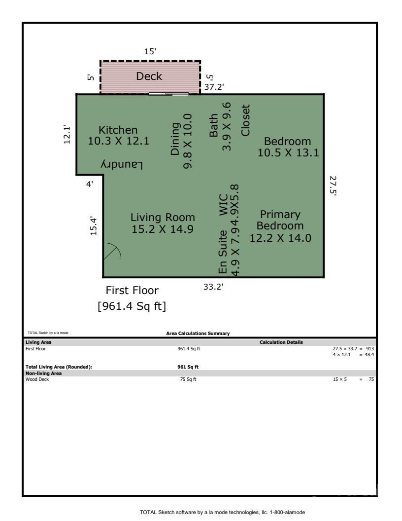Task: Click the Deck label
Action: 149,76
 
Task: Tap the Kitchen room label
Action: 118,130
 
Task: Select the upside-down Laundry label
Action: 122,164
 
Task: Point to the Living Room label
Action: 163,217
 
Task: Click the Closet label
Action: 245,120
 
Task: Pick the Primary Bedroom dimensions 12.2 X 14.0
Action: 280,238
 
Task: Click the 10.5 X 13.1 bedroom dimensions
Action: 288,152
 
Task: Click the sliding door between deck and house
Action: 169,94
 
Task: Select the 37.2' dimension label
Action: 214,87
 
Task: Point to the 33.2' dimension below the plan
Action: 213,287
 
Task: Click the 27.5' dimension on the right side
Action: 333,186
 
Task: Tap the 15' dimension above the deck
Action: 150,51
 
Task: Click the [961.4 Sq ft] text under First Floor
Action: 132,306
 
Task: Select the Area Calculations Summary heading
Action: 198,333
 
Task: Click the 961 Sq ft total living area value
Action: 188,367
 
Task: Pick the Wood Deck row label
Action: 37,379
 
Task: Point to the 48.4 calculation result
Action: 369,355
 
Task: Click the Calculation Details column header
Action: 281,342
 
